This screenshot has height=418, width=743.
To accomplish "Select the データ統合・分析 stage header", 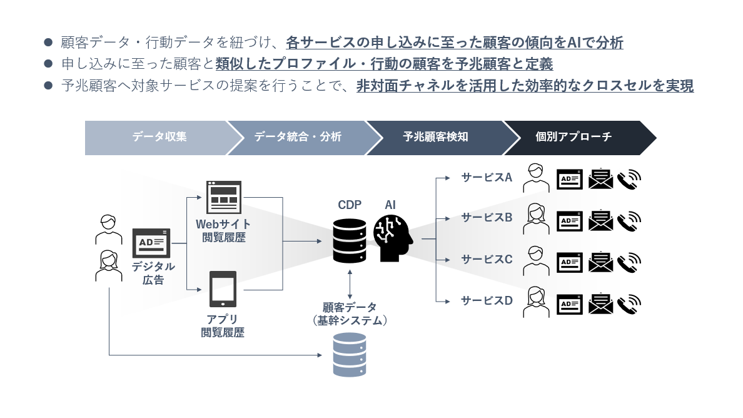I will [298, 137].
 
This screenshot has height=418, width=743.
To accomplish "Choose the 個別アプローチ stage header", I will [574, 137].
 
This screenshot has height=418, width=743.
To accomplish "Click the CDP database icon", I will [350, 239].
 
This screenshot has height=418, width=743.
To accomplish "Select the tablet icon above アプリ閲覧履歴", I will [223, 290].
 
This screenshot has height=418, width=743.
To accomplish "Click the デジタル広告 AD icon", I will [151, 243].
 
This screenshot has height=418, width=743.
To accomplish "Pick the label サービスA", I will [487, 178].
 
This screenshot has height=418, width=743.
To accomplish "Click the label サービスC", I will [487, 259].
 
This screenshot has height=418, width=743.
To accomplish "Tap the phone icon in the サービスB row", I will [629, 220].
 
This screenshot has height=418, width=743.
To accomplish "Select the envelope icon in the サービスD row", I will [600, 304].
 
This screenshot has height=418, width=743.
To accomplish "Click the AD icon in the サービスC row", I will [570, 262].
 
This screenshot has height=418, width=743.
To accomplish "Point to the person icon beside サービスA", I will [535, 178].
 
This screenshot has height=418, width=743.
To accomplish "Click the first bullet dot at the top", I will [48, 43].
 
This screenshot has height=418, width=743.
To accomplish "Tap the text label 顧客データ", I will [350, 307].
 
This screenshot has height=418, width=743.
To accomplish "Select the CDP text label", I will [350, 205].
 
